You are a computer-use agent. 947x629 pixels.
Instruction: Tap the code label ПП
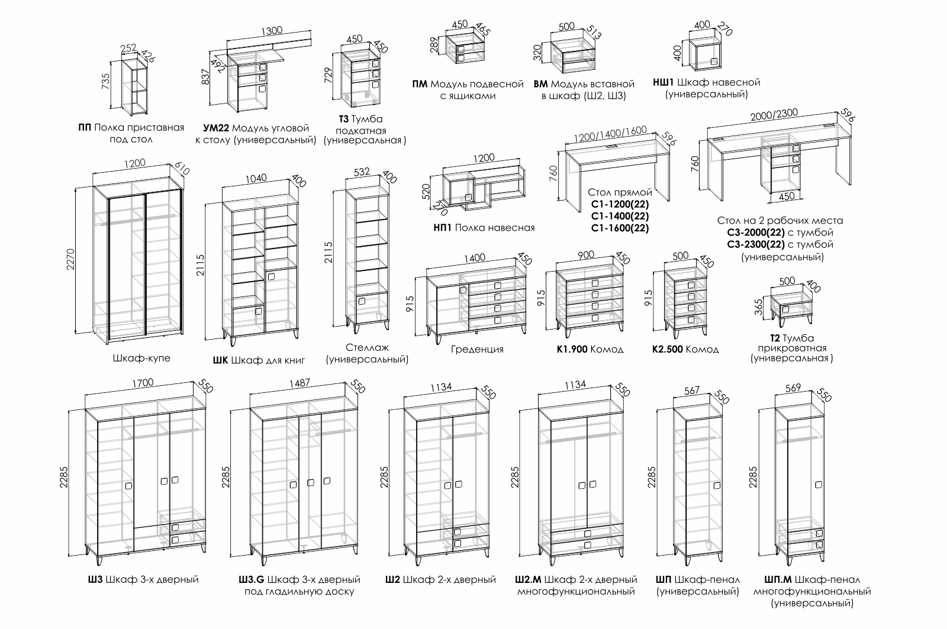pyautogui.click(x=85, y=127)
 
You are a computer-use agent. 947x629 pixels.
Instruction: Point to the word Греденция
pyautogui.click(x=476, y=349)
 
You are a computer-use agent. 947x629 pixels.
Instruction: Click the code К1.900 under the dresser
pyautogui.click(x=572, y=349)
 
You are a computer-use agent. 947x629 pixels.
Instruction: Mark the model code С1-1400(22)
pyautogui.click(x=620, y=217)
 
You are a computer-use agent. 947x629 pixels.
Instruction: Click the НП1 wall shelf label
pyautogui.click(x=443, y=228)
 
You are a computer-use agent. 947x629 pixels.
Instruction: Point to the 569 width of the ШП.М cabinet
pyautogui.click(x=793, y=388)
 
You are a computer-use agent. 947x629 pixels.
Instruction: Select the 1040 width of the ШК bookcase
pyautogui.click(x=256, y=178)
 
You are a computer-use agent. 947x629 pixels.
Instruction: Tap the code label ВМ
pyautogui.click(x=540, y=84)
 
